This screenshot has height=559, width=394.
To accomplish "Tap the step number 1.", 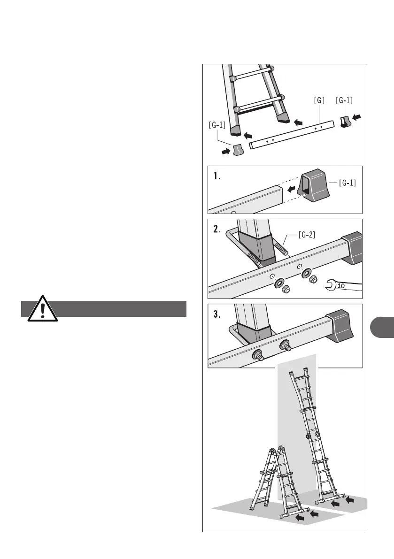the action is [x=217, y=177].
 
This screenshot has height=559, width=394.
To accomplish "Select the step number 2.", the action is [x=217, y=230].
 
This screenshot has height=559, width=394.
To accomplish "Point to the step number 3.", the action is [x=217, y=315].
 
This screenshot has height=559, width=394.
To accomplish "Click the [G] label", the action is [x=319, y=100].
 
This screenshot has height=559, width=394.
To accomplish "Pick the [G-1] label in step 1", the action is [x=347, y=183].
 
